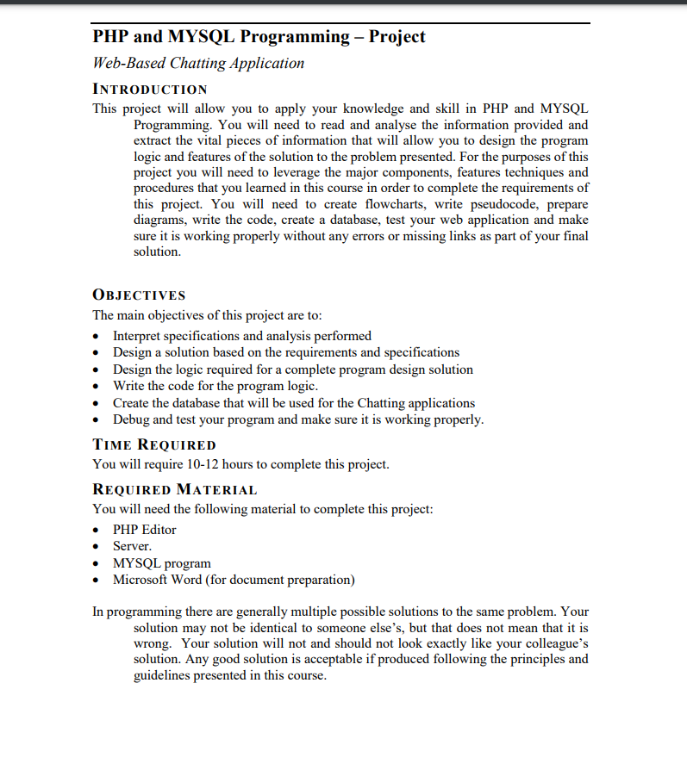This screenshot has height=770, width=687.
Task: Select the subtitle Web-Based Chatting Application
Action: point(198,63)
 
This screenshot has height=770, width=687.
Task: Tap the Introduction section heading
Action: point(150,90)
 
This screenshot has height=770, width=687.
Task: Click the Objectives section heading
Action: point(139,295)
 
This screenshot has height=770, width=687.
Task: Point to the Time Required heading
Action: point(154,444)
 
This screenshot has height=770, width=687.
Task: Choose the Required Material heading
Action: point(175,490)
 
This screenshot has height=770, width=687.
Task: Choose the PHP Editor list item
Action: point(145,530)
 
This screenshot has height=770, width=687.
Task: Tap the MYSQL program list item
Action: point(162,563)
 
